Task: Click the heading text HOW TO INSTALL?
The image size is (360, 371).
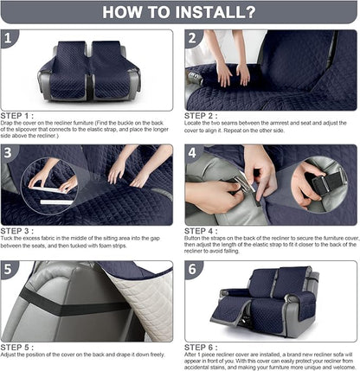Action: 179,12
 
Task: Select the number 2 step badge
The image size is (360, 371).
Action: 195,39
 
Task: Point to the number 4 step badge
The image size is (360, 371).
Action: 195,153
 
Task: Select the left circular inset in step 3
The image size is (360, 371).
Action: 50,184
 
